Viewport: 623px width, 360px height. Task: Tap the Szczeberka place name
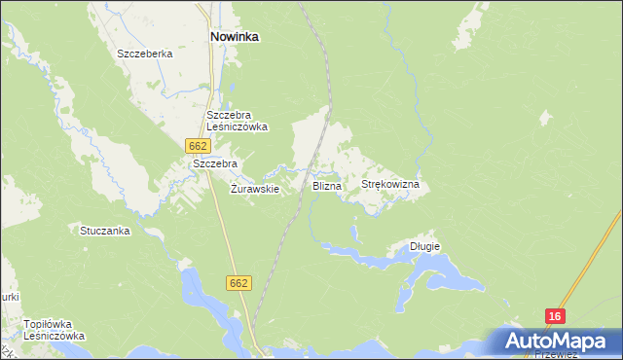click(x=144, y=54)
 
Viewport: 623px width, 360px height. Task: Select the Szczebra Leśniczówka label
click(x=237, y=121)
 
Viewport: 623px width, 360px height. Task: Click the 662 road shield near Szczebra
click(x=197, y=145)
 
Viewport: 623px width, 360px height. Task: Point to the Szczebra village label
click(x=215, y=164)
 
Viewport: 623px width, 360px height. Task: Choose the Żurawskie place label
click(x=255, y=189)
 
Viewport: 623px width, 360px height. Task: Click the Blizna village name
click(x=326, y=185)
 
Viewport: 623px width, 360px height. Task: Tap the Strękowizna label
click(x=389, y=184)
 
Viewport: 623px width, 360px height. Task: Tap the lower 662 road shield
click(x=239, y=283)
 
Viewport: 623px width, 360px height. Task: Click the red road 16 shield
click(x=555, y=316)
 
